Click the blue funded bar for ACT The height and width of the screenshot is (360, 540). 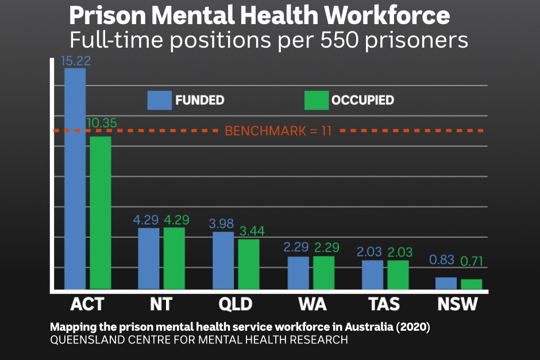point(75,178)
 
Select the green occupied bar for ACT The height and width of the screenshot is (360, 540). point(100,212)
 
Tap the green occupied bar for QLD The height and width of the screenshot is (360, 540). point(249,264)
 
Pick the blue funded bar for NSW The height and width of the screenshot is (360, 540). point(446,283)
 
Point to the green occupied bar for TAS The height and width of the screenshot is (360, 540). point(398,274)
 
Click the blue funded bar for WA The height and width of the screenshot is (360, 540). point(298,273)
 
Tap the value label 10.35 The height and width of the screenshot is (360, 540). point(102,122)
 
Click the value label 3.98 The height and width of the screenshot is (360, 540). point(222,223)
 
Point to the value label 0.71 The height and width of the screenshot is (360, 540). point(472,261)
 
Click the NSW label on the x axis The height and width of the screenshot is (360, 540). point(457,304)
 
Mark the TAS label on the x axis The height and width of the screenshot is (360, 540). point(383,304)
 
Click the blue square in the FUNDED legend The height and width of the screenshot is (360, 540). point(159,100)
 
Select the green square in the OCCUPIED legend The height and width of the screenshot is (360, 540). point(316,100)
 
